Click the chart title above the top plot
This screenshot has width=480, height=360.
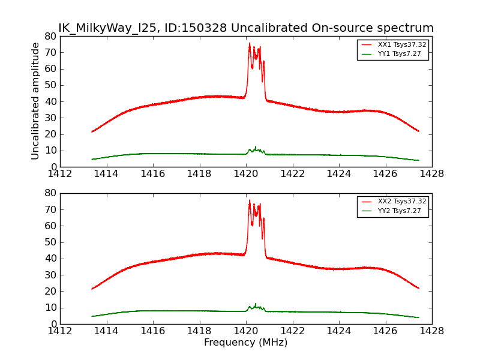[x=245, y=28]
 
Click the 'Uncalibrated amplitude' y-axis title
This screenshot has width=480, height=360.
[x=35, y=101]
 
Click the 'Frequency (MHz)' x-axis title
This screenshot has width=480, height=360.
[x=245, y=343]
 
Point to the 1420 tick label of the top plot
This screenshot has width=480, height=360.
[x=246, y=174]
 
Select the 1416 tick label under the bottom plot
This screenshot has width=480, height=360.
[x=153, y=331]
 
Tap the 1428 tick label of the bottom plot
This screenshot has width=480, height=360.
[x=431, y=331]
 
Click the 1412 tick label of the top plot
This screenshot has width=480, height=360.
[x=60, y=174]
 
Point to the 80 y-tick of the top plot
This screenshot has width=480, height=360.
[x=50, y=36]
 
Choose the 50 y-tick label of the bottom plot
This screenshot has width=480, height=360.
[x=50, y=242]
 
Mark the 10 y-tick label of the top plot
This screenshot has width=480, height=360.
[x=50, y=151]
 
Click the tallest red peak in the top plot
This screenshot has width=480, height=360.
[x=250, y=44]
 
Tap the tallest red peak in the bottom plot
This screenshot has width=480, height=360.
[x=250, y=200]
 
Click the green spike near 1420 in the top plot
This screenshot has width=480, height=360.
[x=256, y=146]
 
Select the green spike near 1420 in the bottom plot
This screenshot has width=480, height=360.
[x=256, y=304]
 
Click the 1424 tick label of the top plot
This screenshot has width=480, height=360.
[x=338, y=174]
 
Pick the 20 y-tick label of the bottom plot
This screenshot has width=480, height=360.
[x=50, y=292]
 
